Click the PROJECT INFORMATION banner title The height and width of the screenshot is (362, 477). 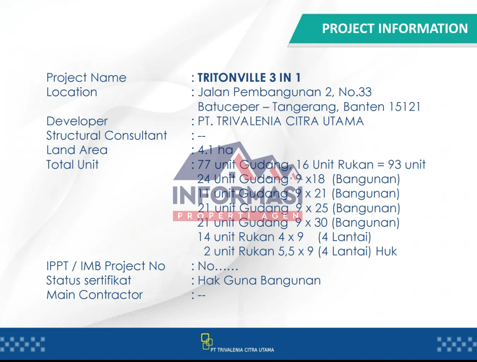395,28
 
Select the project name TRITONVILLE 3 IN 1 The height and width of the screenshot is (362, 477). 249,77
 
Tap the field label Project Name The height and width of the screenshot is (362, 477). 86,78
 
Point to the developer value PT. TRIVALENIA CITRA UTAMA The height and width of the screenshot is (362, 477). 281,121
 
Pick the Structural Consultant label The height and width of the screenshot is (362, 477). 106,135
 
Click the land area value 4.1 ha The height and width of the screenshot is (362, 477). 215,150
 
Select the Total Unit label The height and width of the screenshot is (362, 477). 72,164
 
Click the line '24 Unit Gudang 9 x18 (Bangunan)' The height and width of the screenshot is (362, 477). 299,180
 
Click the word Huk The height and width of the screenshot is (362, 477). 386,251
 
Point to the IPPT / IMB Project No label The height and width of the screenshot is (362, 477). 106,266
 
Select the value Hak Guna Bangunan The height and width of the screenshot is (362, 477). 259,280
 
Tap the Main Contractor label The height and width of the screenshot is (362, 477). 95,295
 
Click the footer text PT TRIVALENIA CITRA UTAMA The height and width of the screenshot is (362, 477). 242,350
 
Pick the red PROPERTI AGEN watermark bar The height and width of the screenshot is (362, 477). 237,216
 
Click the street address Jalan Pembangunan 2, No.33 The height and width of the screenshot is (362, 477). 285,92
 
